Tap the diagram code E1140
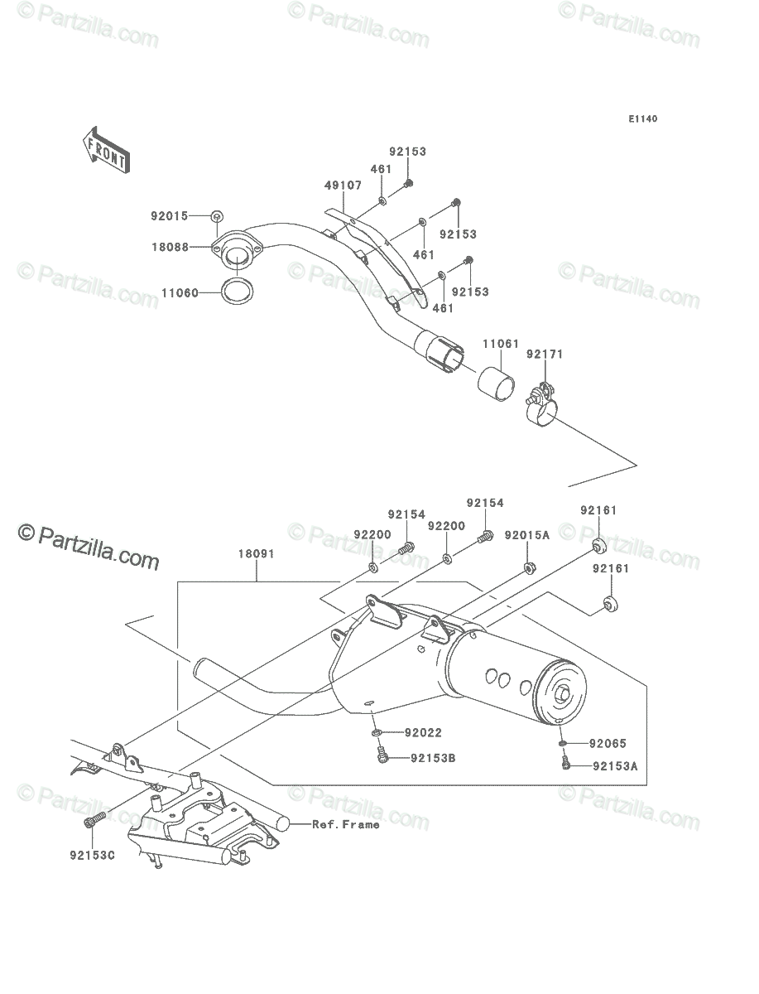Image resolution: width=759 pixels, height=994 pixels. [643, 119]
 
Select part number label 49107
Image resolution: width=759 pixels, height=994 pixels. [343, 186]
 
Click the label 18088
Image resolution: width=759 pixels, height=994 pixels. [170, 247]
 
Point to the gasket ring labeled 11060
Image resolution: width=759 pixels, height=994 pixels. [238, 292]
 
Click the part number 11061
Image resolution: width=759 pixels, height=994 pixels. [500, 344]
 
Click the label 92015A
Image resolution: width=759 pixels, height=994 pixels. [527, 536]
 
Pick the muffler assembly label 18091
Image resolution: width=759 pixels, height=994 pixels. [257, 554]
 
